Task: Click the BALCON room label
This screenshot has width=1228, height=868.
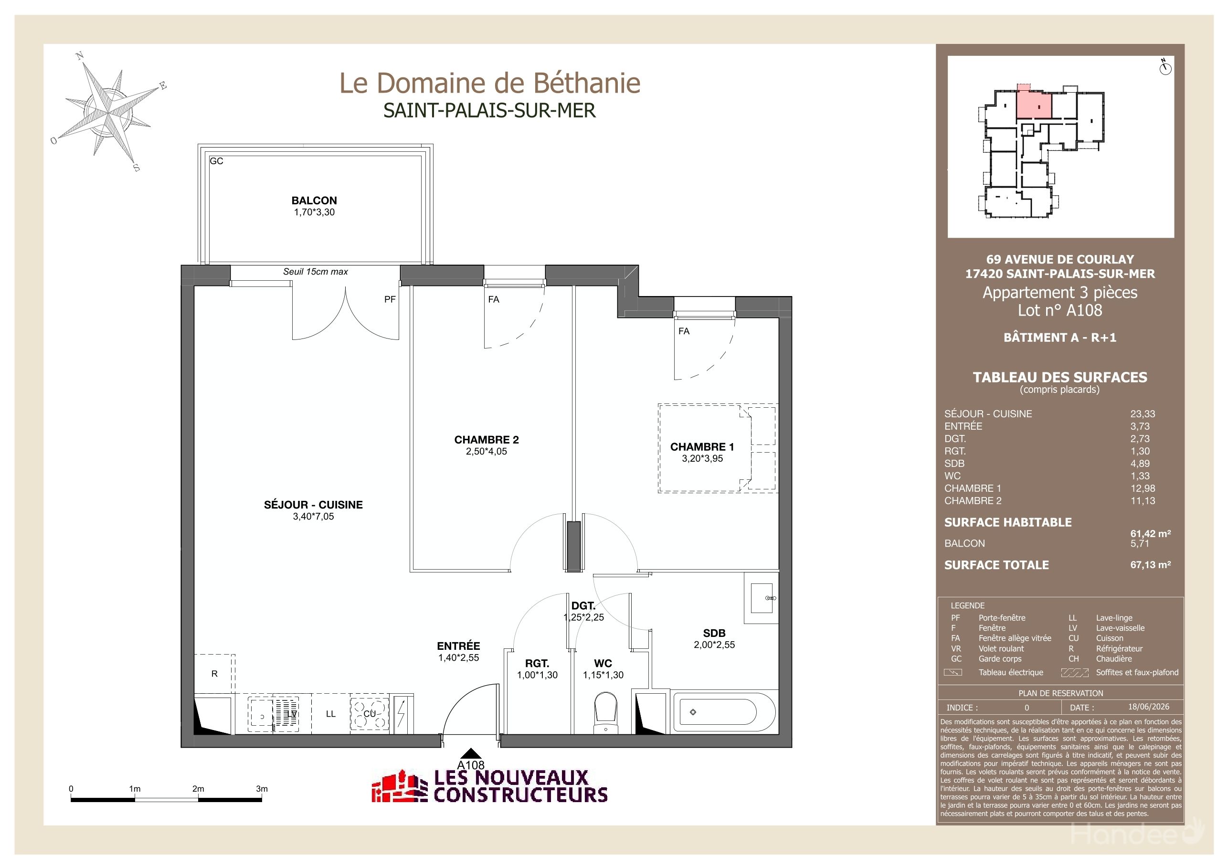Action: click(314, 201)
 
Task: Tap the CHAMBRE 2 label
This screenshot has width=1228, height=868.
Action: click(486, 440)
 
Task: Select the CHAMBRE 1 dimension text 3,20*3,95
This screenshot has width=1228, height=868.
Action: click(702, 458)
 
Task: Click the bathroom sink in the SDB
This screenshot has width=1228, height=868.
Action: click(762, 598)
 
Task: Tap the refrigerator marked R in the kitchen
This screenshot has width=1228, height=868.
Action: click(214, 674)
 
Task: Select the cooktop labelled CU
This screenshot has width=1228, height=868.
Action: click(369, 713)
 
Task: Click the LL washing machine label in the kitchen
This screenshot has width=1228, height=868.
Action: click(330, 714)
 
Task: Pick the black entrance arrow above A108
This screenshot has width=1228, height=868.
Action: click(471, 753)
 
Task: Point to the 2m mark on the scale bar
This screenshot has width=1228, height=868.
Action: click(198, 789)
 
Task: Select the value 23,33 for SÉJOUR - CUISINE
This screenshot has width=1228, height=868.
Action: click(1143, 414)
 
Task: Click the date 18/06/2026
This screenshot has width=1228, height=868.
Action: click(1148, 707)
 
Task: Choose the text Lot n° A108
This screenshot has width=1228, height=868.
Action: click(1059, 310)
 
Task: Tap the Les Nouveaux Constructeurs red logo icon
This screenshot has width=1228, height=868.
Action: click(400, 787)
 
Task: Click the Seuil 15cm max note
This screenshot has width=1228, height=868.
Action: click(316, 272)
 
